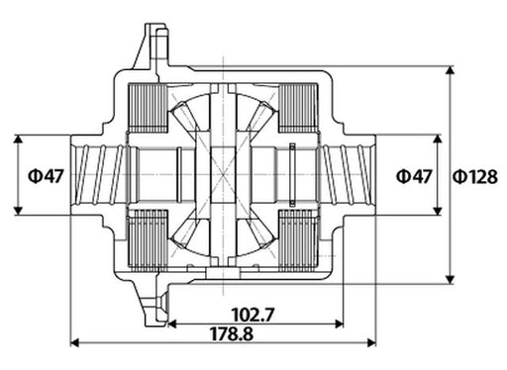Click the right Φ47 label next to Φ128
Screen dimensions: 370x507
point(414,176)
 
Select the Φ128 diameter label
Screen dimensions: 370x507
point(474,176)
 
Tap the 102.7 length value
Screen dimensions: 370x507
point(252,315)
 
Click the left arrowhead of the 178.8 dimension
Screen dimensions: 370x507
point(75,344)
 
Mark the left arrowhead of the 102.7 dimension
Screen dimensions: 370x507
point(169,324)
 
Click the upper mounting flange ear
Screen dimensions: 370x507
point(156,45)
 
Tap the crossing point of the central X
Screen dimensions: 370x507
point(228,175)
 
